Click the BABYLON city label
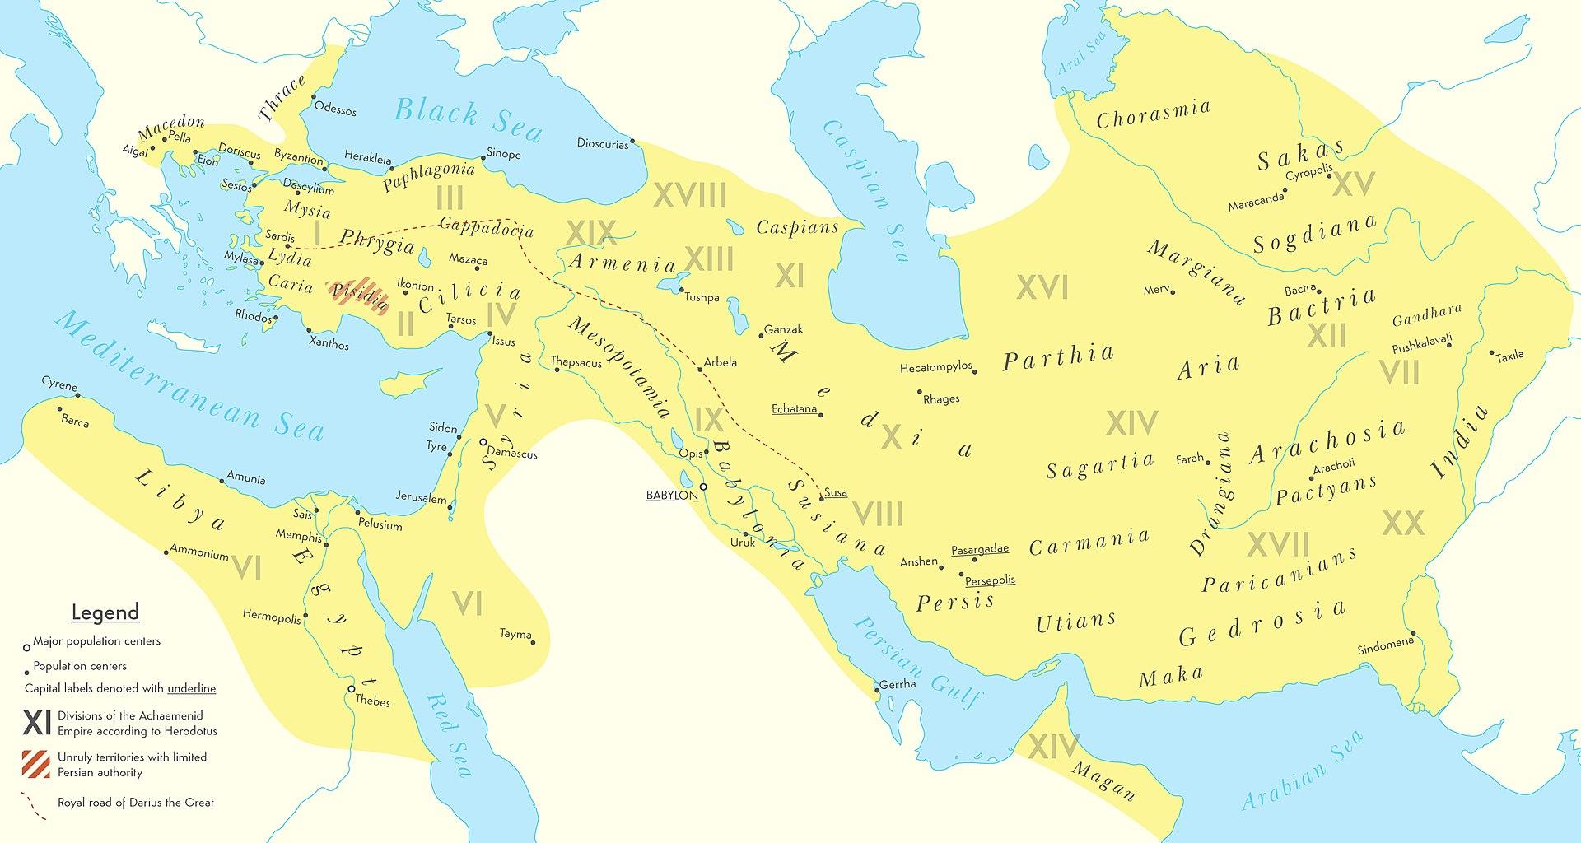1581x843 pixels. click(672, 496)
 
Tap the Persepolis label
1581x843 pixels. click(990, 580)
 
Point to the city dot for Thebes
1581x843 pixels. click(352, 688)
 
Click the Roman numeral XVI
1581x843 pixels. click(1042, 287)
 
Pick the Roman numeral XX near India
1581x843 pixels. click(1402, 523)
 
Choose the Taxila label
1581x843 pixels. click(1510, 356)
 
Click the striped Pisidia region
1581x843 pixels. click(358, 297)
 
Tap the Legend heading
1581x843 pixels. click(105, 612)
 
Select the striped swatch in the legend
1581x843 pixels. click(36, 765)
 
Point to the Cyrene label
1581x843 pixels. click(59, 385)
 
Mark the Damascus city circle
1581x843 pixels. click(484, 442)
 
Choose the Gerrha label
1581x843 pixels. click(898, 684)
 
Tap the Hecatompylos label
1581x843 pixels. click(936, 368)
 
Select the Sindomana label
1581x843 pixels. click(1386, 646)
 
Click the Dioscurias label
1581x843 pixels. click(602, 143)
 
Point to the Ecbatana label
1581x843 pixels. click(794, 409)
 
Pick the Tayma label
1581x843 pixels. click(515, 634)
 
